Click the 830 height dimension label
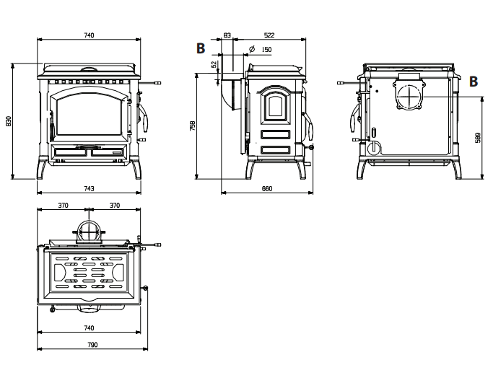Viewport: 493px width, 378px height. [x=9, y=121]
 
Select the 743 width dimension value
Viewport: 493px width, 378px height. [x=89, y=188]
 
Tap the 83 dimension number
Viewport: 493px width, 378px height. [x=227, y=35]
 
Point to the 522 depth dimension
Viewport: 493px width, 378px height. [x=269, y=35]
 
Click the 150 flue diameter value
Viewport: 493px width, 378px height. [x=266, y=50]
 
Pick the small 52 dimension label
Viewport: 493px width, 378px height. [x=214, y=64]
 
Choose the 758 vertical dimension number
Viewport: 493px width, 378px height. [x=193, y=126]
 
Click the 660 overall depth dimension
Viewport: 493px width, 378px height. [x=267, y=188]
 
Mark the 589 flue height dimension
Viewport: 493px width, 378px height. [x=479, y=138]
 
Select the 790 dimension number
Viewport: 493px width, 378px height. [x=92, y=345]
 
